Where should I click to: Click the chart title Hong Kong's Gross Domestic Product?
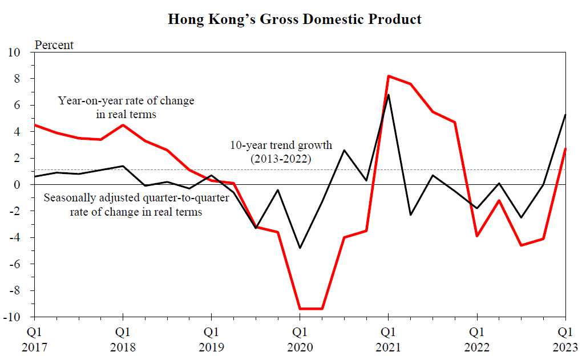[294, 19]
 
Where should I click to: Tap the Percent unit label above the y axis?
[54, 45]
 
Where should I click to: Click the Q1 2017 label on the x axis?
[34, 338]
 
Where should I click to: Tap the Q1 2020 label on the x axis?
[300, 338]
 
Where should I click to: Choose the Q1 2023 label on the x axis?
[565, 338]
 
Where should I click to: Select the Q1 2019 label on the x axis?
[211, 338]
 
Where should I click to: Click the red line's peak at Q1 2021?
[388, 76]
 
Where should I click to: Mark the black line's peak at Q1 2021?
[388, 95]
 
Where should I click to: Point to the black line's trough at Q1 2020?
[300, 248]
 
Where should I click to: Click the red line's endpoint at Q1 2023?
[565, 149]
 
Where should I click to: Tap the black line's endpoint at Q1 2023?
[565, 115]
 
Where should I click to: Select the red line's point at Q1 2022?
[477, 236]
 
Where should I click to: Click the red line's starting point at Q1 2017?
[35, 125]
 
